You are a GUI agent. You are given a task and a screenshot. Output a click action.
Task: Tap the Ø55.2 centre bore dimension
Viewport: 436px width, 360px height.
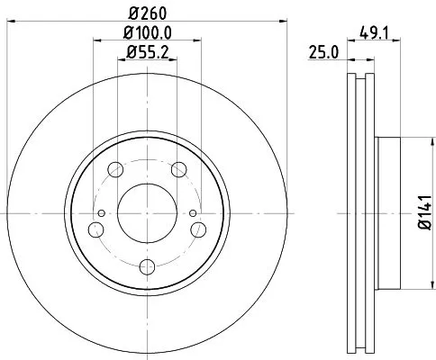tap(148, 51)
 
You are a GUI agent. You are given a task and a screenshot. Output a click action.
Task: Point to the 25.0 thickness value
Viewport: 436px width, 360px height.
tap(322, 53)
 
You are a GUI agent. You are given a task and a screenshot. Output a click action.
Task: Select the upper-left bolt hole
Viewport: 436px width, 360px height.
tap(116, 168)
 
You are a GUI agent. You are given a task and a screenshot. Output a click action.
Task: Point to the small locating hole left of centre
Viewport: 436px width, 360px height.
tap(102, 213)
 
